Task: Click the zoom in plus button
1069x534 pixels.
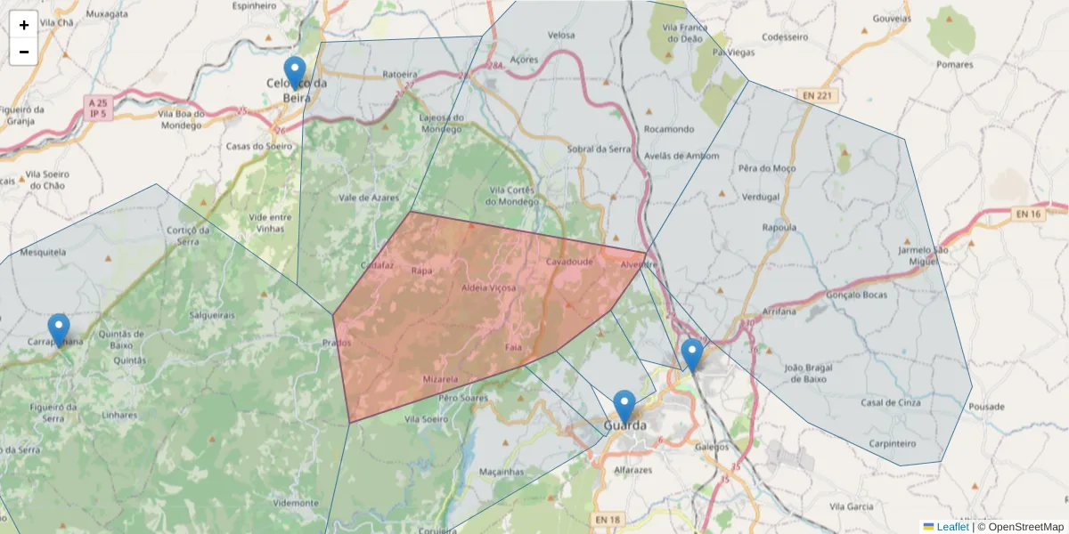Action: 24,25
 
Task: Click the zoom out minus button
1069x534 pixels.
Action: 24,52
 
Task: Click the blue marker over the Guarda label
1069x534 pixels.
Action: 624,407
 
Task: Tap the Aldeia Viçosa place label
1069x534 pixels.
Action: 489,287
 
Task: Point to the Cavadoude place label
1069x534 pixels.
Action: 569,263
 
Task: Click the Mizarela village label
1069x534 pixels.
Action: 440,379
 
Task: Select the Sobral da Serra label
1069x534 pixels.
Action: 599,149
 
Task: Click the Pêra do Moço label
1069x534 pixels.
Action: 767,168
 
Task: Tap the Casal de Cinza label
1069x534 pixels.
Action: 889,402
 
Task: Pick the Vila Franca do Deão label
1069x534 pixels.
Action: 683,34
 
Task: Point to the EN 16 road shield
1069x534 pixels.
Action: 1026,214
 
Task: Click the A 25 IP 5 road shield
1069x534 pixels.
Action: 98,109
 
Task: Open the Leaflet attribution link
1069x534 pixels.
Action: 951,527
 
